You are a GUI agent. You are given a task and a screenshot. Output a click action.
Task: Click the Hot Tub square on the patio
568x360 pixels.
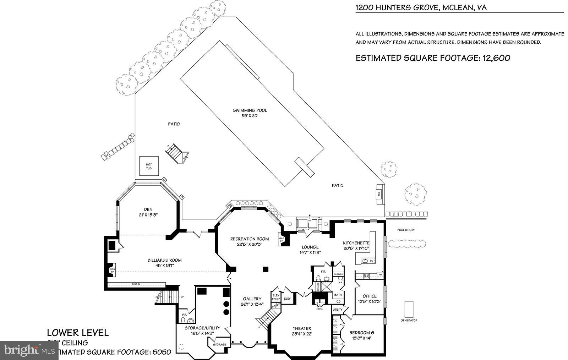tap(149, 166)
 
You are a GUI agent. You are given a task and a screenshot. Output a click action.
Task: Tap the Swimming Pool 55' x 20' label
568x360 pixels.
tap(250, 113)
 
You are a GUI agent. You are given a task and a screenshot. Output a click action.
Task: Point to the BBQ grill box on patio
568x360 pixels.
tap(379, 194)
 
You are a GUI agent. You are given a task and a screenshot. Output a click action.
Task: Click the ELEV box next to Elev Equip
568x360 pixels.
tap(287, 299)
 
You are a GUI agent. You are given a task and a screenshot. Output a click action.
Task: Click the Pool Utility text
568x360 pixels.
tap(406, 230)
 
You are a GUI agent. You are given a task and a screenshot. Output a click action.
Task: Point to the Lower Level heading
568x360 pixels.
tap(78, 333)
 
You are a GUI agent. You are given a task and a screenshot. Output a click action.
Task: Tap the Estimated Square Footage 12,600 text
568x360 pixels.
tap(433, 58)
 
